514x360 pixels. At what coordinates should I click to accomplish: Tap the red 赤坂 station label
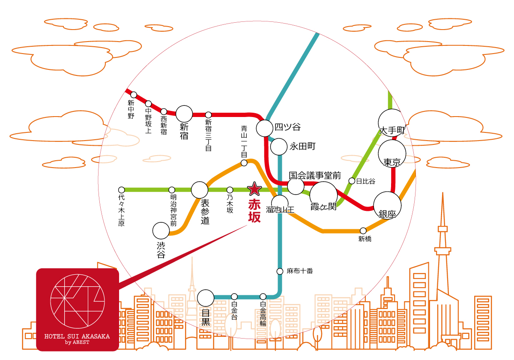pyautogui.click(x=254, y=210)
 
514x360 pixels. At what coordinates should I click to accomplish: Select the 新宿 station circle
pyautogui.click(x=185, y=114)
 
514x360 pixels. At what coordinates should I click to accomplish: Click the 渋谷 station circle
pyautogui.click(x=161, y=231)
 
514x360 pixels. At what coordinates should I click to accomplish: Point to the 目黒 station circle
pyautogui.click(x=206, y=298)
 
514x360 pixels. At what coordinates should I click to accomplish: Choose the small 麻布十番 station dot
pyautogui.click(x=280, y=271)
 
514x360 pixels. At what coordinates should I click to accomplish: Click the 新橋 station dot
pyautogui.click(x=363, y=231)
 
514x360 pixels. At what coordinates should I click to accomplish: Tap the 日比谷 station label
pyautogui.click(x=366, y=181)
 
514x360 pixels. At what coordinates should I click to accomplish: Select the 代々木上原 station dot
pyautogui.click(x=122, y=190)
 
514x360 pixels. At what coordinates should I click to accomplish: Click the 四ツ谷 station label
pyautogui.click(x=287, y=127)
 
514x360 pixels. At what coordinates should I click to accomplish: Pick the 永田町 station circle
pyautogui.click(x=279, y=147)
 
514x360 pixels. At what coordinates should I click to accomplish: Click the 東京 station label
pyautogui.click(x=392, y=163)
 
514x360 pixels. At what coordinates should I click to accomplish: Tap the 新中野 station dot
pyautogui.click(x=134, y=95)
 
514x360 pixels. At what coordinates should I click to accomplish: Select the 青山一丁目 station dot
pyautogui.click(x=244, y=163)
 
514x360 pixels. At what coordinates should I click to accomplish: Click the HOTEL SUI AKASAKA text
pyautogui.click(x=77, y=336)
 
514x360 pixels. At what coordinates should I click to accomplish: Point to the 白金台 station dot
pyautogui.click(x=234, y=297)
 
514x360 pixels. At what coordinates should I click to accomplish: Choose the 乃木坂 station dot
pyautogui.click(x=230, y=190)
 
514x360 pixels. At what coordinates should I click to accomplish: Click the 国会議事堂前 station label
pyautogui.click(x=315, y=176)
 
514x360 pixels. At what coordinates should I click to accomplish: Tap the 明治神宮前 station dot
pyautogui.click(x=172, y=190)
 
